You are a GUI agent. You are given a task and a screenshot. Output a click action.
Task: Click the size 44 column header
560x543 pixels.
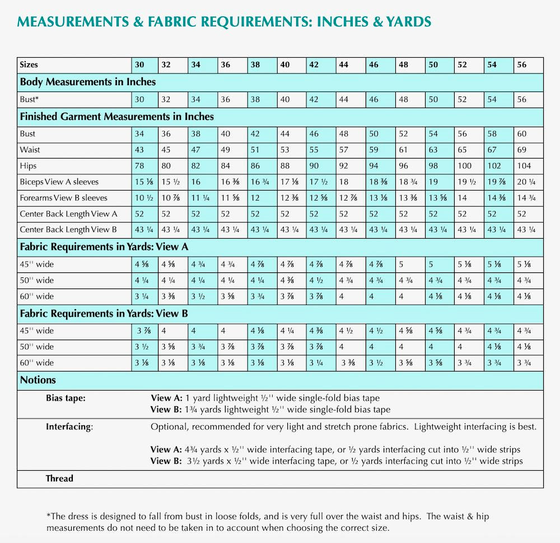pos(344,64)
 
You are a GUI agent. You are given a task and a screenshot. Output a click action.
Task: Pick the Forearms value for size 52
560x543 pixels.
pos(461,198)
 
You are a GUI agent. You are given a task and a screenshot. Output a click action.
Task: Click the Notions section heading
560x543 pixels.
pos(38,380)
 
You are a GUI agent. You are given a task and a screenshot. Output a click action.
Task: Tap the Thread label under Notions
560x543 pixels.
pos(59,478)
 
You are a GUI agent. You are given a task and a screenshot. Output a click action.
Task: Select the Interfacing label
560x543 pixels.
pos(69,426)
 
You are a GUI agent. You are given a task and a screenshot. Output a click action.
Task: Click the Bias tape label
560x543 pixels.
pos(66,398)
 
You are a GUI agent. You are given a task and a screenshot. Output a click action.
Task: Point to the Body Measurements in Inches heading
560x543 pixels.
pos(88,82)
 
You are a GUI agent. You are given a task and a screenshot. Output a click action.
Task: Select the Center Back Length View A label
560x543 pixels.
pos(68,214)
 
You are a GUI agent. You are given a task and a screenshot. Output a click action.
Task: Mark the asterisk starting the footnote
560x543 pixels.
pos(48,516)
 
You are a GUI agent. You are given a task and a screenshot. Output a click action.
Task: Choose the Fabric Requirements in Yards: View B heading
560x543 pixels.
pos(104,314)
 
